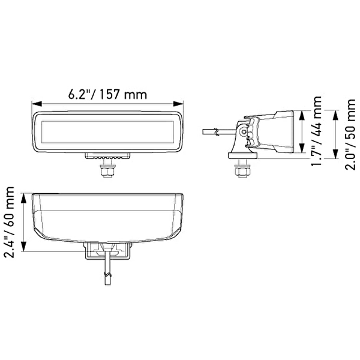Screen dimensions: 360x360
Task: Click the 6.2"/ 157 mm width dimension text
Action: pos(107,94)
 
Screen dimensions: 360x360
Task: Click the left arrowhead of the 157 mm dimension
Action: pos(35,104)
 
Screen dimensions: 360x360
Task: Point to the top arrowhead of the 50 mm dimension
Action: pos(334,110)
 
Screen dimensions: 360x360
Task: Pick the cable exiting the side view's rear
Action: pos(217,131)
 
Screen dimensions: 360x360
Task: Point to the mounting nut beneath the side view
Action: pos(242,170)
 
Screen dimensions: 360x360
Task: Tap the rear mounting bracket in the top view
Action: pos(108,250)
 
